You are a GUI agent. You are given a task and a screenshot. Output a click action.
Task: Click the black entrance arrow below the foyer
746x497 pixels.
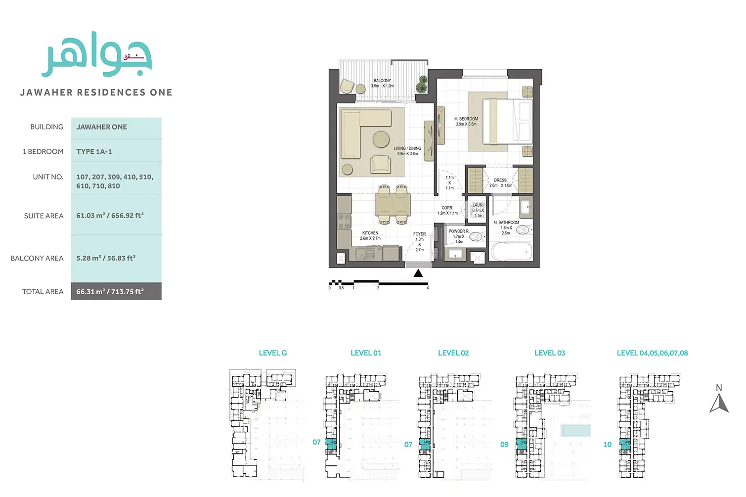click(x=418, y=273)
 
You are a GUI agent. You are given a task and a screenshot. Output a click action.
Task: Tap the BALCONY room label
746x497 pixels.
click(x=382, y=81)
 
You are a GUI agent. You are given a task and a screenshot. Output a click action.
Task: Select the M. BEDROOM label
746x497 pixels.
click(x=466, y=119)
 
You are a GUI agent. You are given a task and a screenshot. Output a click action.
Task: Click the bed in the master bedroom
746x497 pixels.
click(x=507, y=122)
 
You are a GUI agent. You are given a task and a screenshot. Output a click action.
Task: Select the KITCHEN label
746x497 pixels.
click(x=370, y=233)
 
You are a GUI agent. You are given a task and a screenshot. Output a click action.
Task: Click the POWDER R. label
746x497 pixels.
click(x=459, y=231)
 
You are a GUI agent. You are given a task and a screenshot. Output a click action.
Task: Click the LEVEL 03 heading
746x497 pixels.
click(x=550, y=353)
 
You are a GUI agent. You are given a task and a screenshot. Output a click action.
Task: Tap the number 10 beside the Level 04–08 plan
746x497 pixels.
click(x=608, y=445)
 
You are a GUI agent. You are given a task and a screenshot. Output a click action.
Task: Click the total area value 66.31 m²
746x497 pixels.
click(x=110, y=292)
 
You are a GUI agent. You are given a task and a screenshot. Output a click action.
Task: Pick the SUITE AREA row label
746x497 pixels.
click(x=44, y=216)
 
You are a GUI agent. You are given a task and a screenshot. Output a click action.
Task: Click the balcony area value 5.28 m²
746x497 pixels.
click(x=106, y=258)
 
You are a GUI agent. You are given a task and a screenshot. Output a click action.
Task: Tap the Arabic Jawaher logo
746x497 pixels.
click(x=96, y=57)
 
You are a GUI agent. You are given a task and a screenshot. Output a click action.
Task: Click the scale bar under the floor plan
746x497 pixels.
click(x=379, y=283)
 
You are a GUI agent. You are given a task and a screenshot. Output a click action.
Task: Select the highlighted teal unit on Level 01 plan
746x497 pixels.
click(x=331, y=443)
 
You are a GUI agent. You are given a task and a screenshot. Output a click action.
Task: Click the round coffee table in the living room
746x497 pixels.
click(x=381, y=139)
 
